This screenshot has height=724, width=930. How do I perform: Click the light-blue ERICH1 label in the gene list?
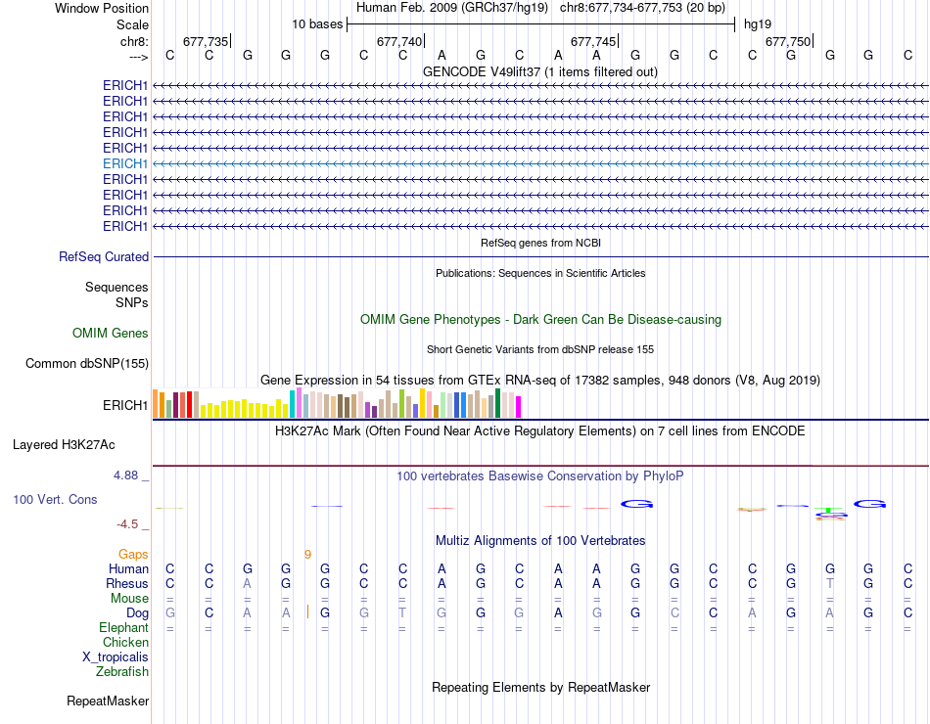tap(125, 163)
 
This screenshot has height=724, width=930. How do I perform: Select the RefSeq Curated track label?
tap(104, 257)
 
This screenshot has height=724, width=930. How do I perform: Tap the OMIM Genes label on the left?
tap(111, 334)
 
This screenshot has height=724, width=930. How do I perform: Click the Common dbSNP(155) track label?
tap(86, 364)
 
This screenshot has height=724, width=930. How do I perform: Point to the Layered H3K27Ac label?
tap(64, 444)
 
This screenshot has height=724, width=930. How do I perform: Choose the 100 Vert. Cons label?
tap(55, 499)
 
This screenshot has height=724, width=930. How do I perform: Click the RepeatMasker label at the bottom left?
tap(108, 701)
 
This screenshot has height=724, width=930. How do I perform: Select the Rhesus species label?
tap(127, 584)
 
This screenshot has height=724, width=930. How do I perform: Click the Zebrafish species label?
tap(122, 672)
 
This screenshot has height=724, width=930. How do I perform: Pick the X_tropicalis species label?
tap(116, 657)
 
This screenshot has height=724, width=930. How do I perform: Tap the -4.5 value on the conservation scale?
tap(127, 524)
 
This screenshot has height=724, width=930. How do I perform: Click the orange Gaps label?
tap(133, 555)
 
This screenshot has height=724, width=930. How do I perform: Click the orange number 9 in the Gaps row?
tap(307, 555)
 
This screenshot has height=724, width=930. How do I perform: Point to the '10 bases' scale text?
tap(316, 23)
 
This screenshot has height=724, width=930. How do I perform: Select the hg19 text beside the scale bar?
tap(758, 23)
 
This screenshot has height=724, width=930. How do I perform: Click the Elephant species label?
tap(123, 628)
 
